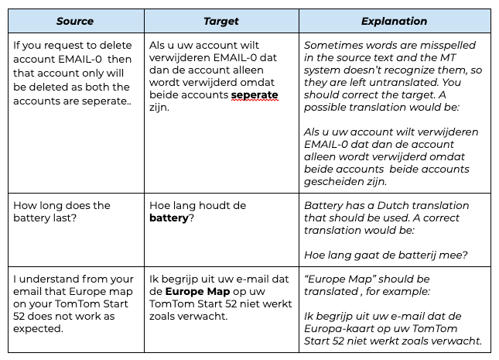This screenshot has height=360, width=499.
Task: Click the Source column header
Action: (74, 21)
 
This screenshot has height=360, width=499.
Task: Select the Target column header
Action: (220, 21)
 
